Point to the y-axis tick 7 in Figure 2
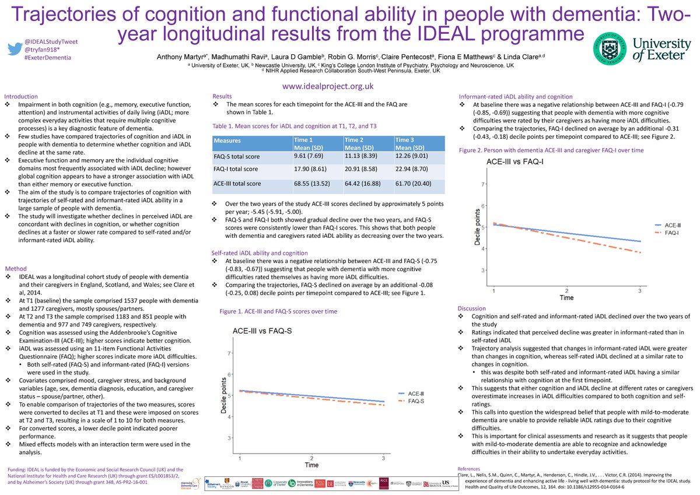point(483,184)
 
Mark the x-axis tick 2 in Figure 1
point(312,459)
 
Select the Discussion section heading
point(472,308)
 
